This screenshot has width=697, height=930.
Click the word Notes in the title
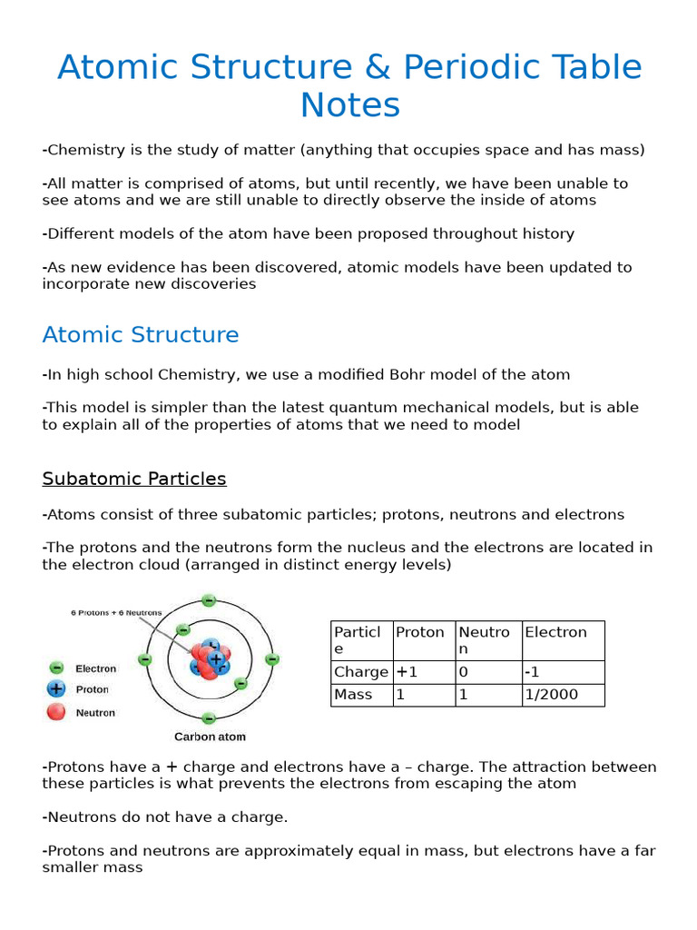coord(350,105)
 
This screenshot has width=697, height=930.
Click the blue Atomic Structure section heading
coord(141,335)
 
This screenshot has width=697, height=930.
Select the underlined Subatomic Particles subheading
coord(134,479)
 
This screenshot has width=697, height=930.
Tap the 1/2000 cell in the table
coord(552,695)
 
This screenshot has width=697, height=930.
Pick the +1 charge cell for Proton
coord(405,672)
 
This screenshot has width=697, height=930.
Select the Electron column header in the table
coord(555,632)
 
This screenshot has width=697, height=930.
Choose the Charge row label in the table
coord(361,672)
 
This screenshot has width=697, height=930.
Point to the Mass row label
coord(354,695)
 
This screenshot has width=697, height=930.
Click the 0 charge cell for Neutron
coord(465,672)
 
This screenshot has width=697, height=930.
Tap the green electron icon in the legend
coord(56,668)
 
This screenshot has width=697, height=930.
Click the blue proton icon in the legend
coord(56,689)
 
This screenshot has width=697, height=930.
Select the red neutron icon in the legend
coord(56,712)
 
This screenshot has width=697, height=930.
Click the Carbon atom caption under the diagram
coord(210,737)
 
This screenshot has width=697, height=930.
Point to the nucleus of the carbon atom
coord(211,660)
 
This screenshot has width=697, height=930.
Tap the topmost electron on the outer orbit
coord(209,600)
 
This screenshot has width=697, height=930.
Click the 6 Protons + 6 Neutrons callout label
coord(116,613)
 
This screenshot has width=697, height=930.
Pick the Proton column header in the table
coord(420,632)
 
